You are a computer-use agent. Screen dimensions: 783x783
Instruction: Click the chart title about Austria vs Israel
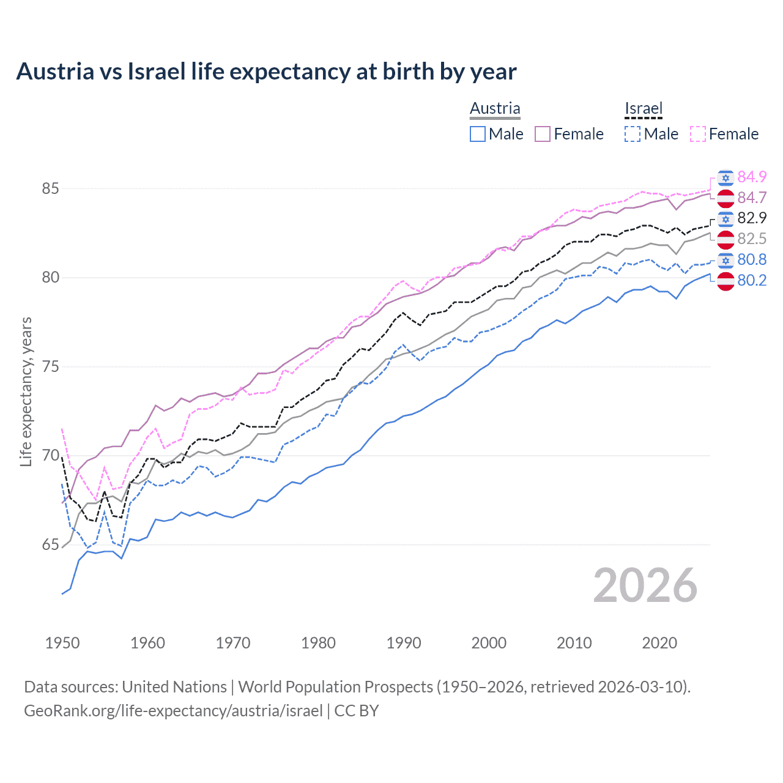coord(266,72)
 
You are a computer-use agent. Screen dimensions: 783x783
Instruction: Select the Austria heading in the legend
coord(495,108)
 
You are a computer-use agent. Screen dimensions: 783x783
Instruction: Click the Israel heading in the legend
coord(644,108)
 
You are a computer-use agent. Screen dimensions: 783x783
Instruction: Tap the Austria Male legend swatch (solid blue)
coord(478,134)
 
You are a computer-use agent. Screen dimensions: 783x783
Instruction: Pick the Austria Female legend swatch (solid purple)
coord(543,134)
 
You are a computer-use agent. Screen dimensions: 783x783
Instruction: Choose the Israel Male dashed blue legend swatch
coord(633,134)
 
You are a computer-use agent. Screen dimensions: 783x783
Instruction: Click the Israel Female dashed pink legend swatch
coord(698,134)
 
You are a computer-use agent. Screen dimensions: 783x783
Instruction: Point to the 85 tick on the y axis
coord(50,188)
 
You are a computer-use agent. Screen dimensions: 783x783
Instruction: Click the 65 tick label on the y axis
coord(50,544)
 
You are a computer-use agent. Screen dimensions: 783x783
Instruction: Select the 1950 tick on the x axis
coord(62,643)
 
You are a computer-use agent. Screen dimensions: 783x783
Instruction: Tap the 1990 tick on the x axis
coord(404,643)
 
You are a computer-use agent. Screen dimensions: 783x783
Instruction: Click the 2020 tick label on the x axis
coord(659,643)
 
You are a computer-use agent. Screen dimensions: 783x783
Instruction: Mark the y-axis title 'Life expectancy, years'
coord(26,391)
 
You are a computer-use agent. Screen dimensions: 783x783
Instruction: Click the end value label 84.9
coord(752,177)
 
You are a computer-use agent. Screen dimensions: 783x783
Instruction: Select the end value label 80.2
coord(752,280)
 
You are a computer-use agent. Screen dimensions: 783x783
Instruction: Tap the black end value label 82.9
coord(752,218)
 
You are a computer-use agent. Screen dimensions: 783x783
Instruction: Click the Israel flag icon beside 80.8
coord(725,260)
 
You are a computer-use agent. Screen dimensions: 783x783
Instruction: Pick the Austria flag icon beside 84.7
coord(725,198)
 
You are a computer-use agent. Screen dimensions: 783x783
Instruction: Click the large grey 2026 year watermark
coord(645,585)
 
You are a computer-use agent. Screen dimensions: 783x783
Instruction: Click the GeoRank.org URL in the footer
coord(173,711)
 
